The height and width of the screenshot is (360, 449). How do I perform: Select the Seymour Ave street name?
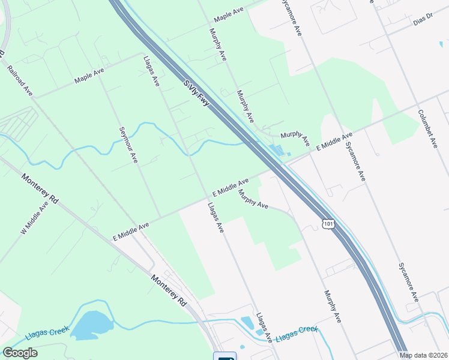coord(128,145)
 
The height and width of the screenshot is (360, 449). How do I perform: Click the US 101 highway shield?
coord(328,223)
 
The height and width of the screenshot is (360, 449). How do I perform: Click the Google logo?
coord(20,353)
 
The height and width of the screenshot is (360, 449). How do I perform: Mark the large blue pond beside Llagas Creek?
coord(93,325)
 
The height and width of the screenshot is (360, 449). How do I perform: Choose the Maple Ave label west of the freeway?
coord(89,75)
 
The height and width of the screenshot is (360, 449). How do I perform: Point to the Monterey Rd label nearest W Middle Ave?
coord(41,189)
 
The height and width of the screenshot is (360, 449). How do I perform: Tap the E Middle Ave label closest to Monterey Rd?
coord(130,230)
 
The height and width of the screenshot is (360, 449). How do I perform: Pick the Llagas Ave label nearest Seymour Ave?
coord(151,71)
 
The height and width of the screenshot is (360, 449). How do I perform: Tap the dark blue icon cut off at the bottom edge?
coord(226,356)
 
